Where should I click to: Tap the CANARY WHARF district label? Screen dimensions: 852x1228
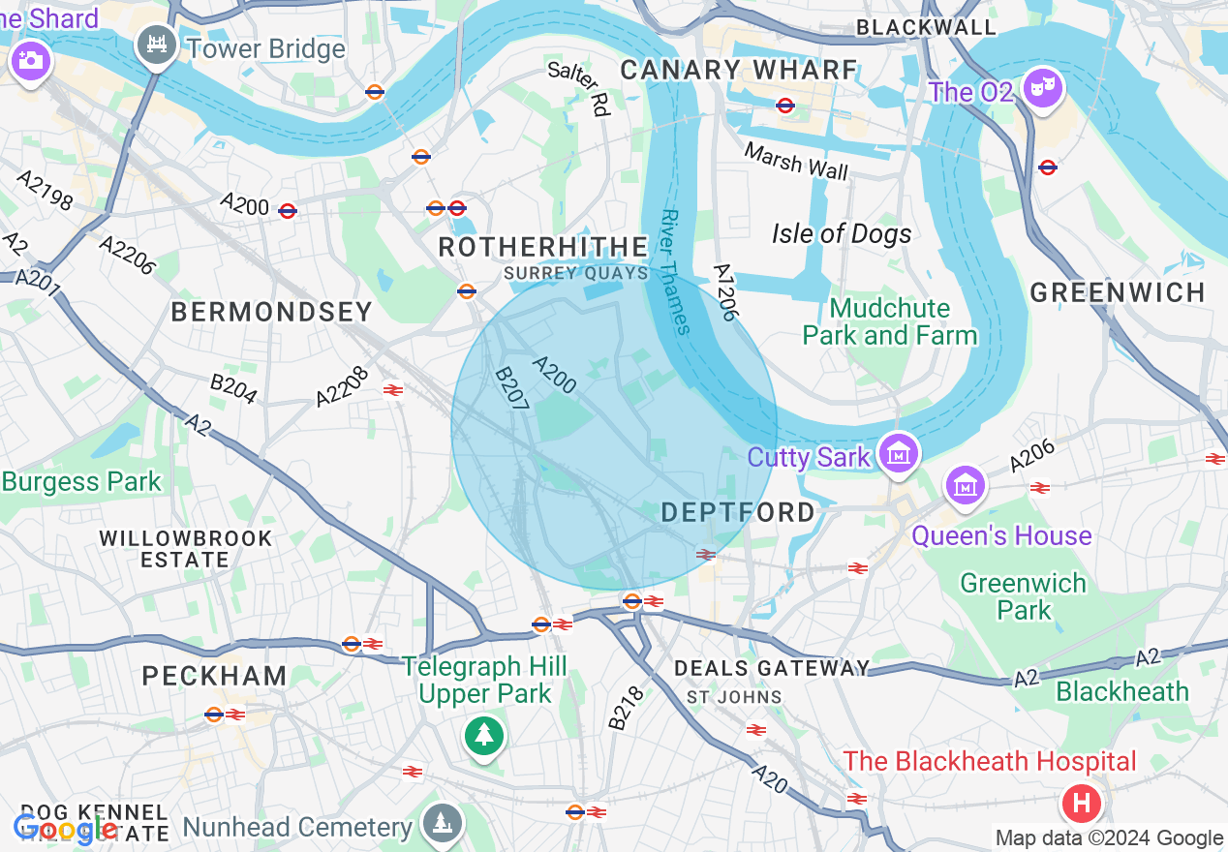[739, 70]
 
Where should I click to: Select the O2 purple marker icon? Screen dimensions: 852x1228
[1043, 90]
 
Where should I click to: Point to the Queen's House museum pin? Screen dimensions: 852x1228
[966, 486]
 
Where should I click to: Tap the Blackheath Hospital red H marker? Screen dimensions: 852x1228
[1082, 803]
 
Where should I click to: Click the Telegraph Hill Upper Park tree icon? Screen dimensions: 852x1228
[482, 736]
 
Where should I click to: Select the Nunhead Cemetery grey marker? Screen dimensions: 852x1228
[443, 823]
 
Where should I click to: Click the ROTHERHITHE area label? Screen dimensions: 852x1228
[542, 247]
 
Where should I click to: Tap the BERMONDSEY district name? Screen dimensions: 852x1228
[272, 312]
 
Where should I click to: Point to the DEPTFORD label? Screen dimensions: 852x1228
[738, 513]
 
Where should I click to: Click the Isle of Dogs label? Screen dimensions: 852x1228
[842, 233]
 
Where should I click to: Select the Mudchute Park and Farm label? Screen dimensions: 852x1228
[890, 321]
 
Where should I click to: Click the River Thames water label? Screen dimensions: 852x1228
[676, 272]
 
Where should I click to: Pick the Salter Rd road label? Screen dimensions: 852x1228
[579, 88]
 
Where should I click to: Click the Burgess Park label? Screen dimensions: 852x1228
[81, 481]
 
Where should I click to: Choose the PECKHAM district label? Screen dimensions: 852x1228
[214, 676]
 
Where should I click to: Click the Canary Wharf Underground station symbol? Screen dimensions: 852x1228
[785, 105]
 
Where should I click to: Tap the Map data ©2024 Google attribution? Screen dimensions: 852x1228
[1110, 838]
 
